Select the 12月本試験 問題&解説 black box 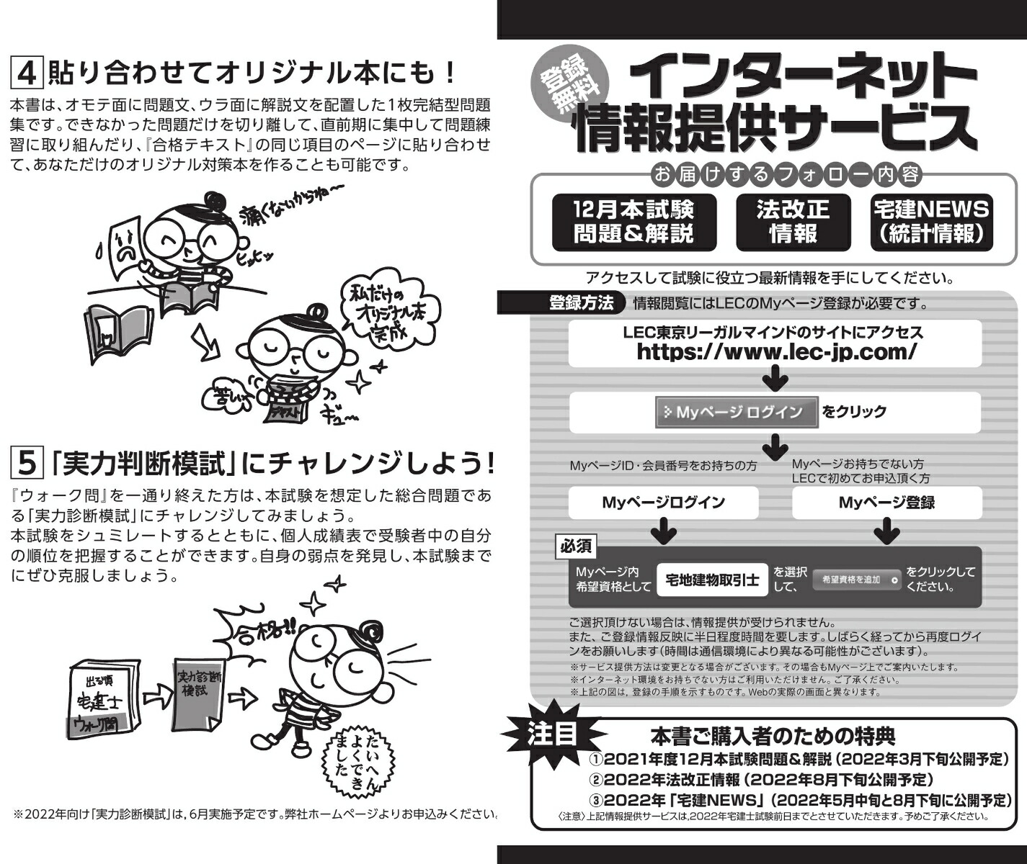(x=633, y=222)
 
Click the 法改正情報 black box (x=792, y=222)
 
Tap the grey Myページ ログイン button (x=737, y=413)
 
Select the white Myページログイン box (x=663, y=503)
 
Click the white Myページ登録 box (x=886, y=503)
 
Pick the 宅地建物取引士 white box (x=712, y=580)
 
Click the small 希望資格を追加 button (x=856, y=580)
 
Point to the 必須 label (x=576, y=546)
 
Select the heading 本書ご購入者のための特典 (x=773, y=736)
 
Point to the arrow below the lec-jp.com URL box (x=775, y=379)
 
